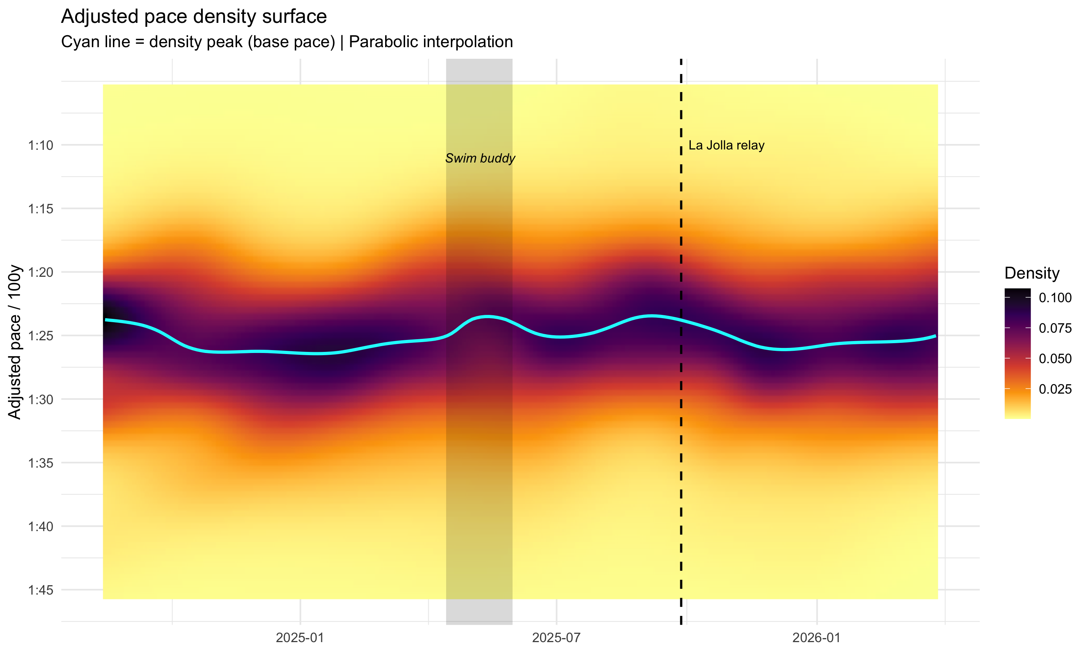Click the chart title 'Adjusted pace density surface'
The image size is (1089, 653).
click(x=194, y=17)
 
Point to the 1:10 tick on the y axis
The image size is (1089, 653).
click(x=41, y=145)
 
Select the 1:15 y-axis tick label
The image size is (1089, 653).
click(x=41, y=209)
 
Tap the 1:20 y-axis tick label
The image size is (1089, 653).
click(x=41, y=272)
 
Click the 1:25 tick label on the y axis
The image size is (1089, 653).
click(x=41, y=336)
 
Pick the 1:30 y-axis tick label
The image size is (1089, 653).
click(x=41, y=399)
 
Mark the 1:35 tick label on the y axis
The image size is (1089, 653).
click(x=41, y=463)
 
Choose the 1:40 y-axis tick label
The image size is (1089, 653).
click(x=41, y=526)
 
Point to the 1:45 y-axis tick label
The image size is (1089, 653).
click(x=41, y=590)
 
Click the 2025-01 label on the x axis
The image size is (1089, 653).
click(x=300, y=638)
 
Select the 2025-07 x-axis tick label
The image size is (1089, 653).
click(x=556, y=638)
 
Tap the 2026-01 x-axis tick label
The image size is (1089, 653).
click(x=816, y=638)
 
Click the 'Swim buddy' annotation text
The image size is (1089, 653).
click(x=480, y=159)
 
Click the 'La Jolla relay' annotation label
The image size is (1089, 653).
click(x=726, y=145)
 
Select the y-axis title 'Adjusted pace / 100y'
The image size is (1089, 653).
click(x=15, y=341)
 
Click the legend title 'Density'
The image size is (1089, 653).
click(x=1031, y=273)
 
